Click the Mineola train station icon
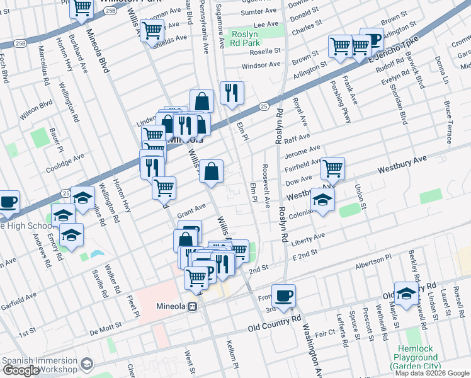point(195,307)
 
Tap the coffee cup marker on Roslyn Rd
point(283,295)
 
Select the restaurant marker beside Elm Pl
point(231,93)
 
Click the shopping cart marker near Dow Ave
point(332,168)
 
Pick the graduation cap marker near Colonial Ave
point(322,200)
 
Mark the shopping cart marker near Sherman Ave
point(152,30)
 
